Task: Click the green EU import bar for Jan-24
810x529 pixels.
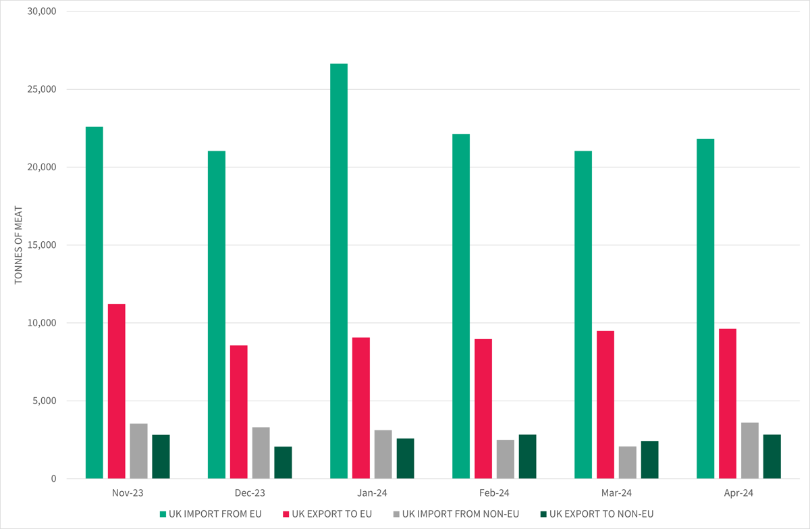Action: click(339, 270)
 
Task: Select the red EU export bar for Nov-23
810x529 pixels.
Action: click(117, 392)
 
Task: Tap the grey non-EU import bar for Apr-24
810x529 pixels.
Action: click(749, 451)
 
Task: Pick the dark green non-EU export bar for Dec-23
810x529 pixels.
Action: click(283, 463)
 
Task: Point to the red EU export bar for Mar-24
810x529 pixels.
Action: click(605, 405)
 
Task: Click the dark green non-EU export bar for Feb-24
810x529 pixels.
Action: click(527, 457)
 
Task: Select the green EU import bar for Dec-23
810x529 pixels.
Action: click(217, 315)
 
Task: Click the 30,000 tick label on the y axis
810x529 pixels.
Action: click(42, 11)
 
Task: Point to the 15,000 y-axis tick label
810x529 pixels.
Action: click(42, 245)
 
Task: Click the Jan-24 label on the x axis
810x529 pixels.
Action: click(372, 493)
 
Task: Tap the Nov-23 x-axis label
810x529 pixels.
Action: click(128, 493)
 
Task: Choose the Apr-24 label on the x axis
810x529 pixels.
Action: click(738, 493)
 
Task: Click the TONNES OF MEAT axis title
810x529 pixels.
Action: click(18, 245)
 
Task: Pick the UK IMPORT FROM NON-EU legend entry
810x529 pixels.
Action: click(460, 514)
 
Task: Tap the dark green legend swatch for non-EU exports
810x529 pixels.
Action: click(543, 514)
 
